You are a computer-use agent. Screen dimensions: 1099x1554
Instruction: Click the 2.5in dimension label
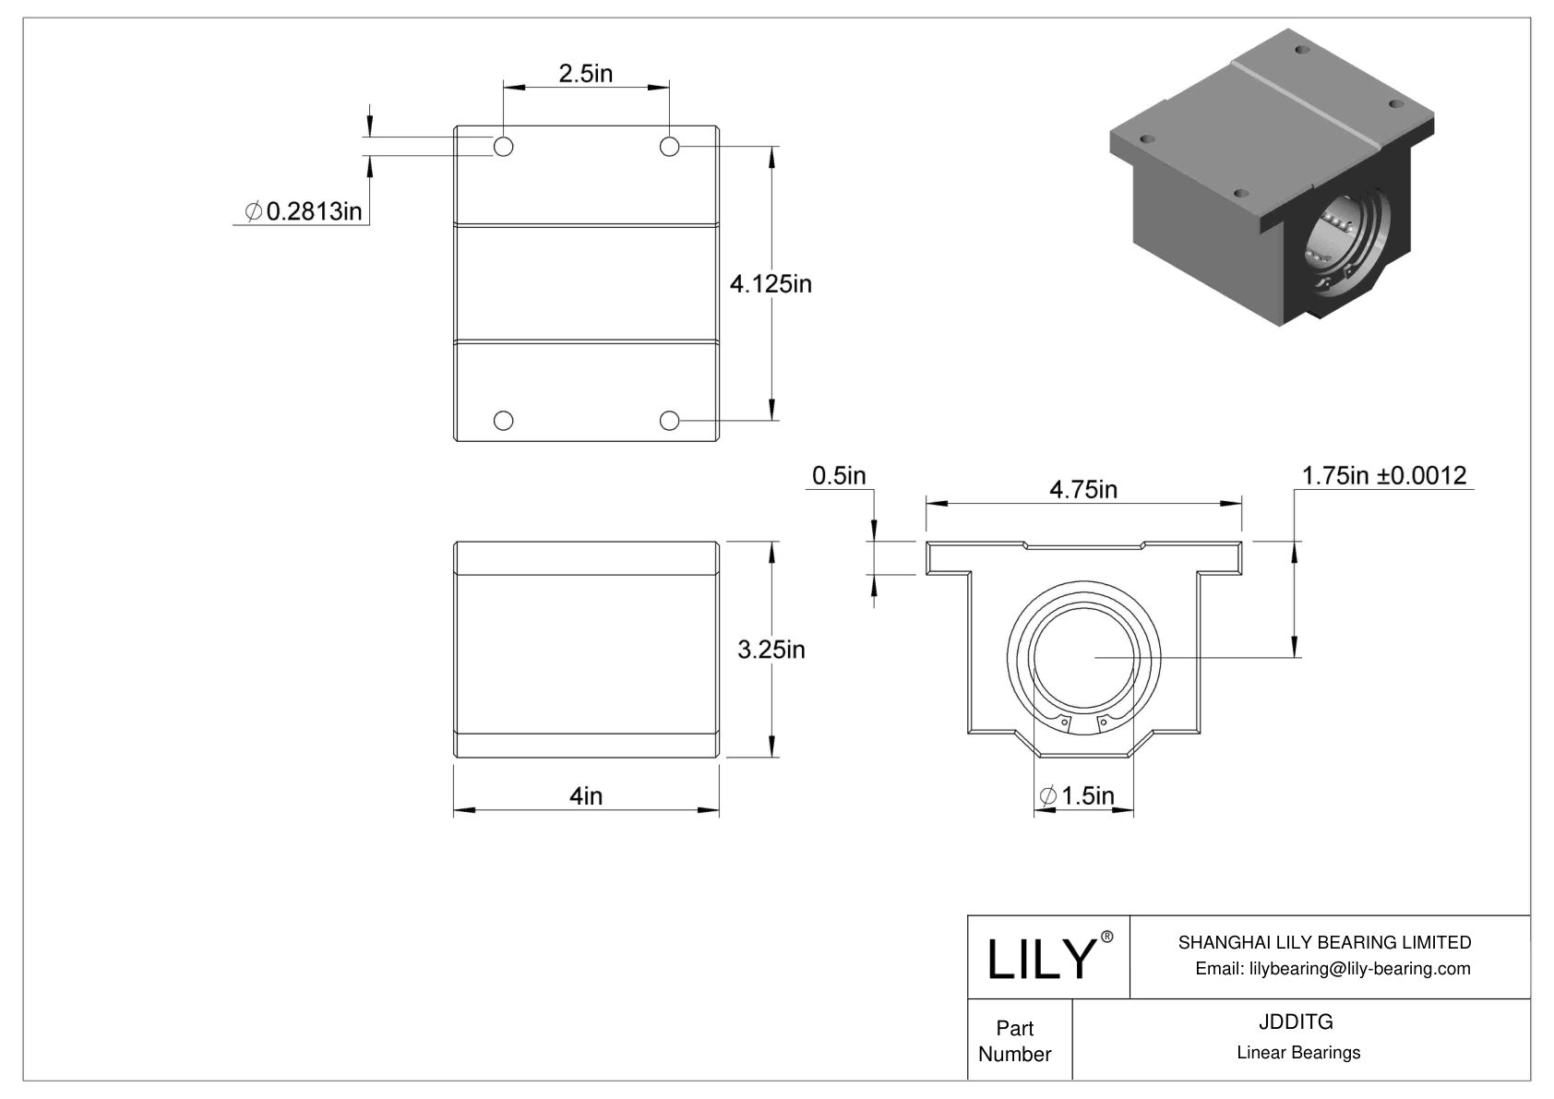(585, 74)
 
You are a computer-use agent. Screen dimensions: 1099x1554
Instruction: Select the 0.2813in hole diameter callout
(304, 212)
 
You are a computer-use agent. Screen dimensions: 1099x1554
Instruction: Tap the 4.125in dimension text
(771, 284)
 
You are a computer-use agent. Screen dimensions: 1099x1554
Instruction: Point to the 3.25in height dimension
(771, 650)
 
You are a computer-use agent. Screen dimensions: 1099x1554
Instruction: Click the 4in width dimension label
(585, 795)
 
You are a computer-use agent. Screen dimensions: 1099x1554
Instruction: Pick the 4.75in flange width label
(1082, 489)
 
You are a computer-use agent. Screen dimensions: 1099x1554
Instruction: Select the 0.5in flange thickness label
(838, 475)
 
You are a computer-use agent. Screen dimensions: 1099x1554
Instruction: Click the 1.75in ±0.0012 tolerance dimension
(1383, 475)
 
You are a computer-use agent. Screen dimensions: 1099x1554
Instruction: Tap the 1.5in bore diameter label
(1077, 795)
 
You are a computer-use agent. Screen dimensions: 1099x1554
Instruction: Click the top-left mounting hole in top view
(503, 146)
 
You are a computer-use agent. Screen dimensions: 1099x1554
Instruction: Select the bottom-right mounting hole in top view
(669, 421)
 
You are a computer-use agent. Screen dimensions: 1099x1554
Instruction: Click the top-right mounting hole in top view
(669, 146)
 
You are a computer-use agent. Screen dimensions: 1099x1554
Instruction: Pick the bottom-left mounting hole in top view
(503, 421)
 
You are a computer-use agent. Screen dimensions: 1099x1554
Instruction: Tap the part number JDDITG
(1297, 1021)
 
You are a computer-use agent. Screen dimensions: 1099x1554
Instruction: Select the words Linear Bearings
(1297, 1053)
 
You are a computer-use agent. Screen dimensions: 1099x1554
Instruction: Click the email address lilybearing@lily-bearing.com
(1332, 968)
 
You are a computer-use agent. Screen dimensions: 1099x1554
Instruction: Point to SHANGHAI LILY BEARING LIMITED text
(1324, 942)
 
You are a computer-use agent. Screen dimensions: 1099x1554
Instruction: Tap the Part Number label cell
(1015, 1041)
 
